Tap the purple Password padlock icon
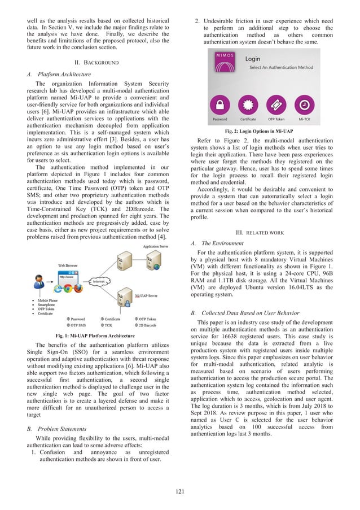[x=220, y=105]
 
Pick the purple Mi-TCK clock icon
[x=304, y=105]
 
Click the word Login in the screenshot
[x=253, y=58]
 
